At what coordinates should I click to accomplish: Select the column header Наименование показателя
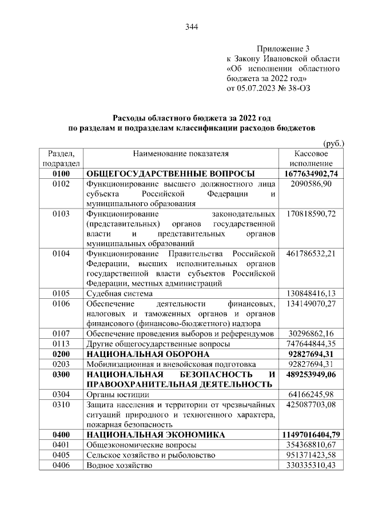181,154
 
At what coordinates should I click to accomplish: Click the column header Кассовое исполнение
311,159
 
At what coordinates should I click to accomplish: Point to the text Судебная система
120,294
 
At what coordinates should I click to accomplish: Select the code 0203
61,364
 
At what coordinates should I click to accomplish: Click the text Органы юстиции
118,394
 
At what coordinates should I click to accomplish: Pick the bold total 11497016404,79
311,435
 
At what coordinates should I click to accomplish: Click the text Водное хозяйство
120,466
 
